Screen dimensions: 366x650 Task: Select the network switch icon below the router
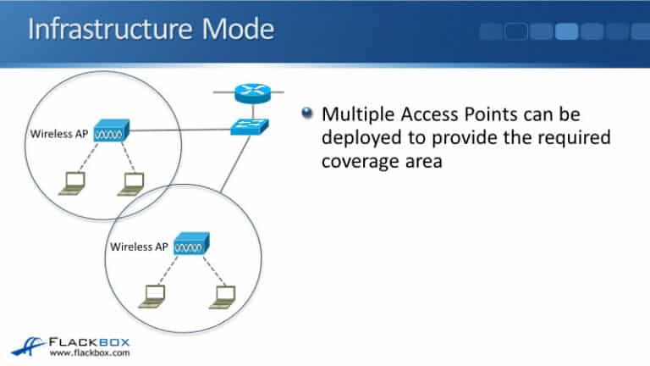[250, 128]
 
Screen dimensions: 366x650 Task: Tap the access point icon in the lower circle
[190, 247]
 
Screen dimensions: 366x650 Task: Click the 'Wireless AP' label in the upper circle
[58, 134]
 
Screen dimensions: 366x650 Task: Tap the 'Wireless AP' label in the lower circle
[140, 247]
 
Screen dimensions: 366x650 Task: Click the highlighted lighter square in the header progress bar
[566, 32]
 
